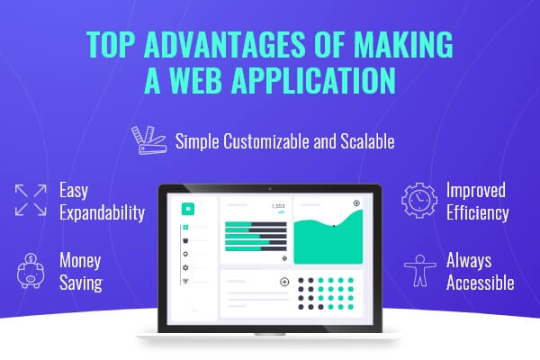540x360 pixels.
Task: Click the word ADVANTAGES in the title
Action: coord(224,44)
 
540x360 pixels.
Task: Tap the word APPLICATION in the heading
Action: coord(314,80)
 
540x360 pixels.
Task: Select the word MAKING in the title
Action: coord(403,44)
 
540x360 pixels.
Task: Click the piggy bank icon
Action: coord(31,270)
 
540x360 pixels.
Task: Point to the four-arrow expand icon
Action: coord(31,200)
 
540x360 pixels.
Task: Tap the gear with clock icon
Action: coord(419,200)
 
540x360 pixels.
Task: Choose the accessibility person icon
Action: coord(420,271)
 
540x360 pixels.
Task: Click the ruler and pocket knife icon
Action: coord(149,140)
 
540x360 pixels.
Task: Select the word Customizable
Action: coord(266,141)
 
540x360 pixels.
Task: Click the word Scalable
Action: coord(367,141)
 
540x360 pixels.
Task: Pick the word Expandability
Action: coord(102,213)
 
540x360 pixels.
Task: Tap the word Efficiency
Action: coord(478,213)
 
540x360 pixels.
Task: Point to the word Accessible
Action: coord(480,283)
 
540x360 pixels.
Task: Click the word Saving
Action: coord(81,283)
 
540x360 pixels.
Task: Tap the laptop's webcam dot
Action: coord(270,189)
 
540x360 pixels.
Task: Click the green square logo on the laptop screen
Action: coord(188,209)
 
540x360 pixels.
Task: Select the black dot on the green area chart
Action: coord(334,226)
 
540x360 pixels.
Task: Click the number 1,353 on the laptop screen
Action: coord(278,206)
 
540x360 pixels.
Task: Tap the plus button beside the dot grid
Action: coord(284,282)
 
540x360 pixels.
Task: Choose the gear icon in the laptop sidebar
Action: coord(185,267)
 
